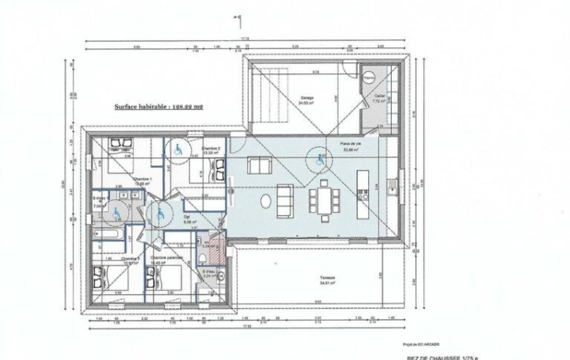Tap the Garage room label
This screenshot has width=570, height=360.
click(307, 99)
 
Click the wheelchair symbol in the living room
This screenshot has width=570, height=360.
click(321, 161)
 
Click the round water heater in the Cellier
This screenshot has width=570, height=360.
click(369, 78)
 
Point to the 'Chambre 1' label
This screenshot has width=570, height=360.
click(142, 180)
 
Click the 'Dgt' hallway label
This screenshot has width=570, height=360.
click(188, 215)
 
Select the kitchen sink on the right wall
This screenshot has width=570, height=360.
click(393, 186)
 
